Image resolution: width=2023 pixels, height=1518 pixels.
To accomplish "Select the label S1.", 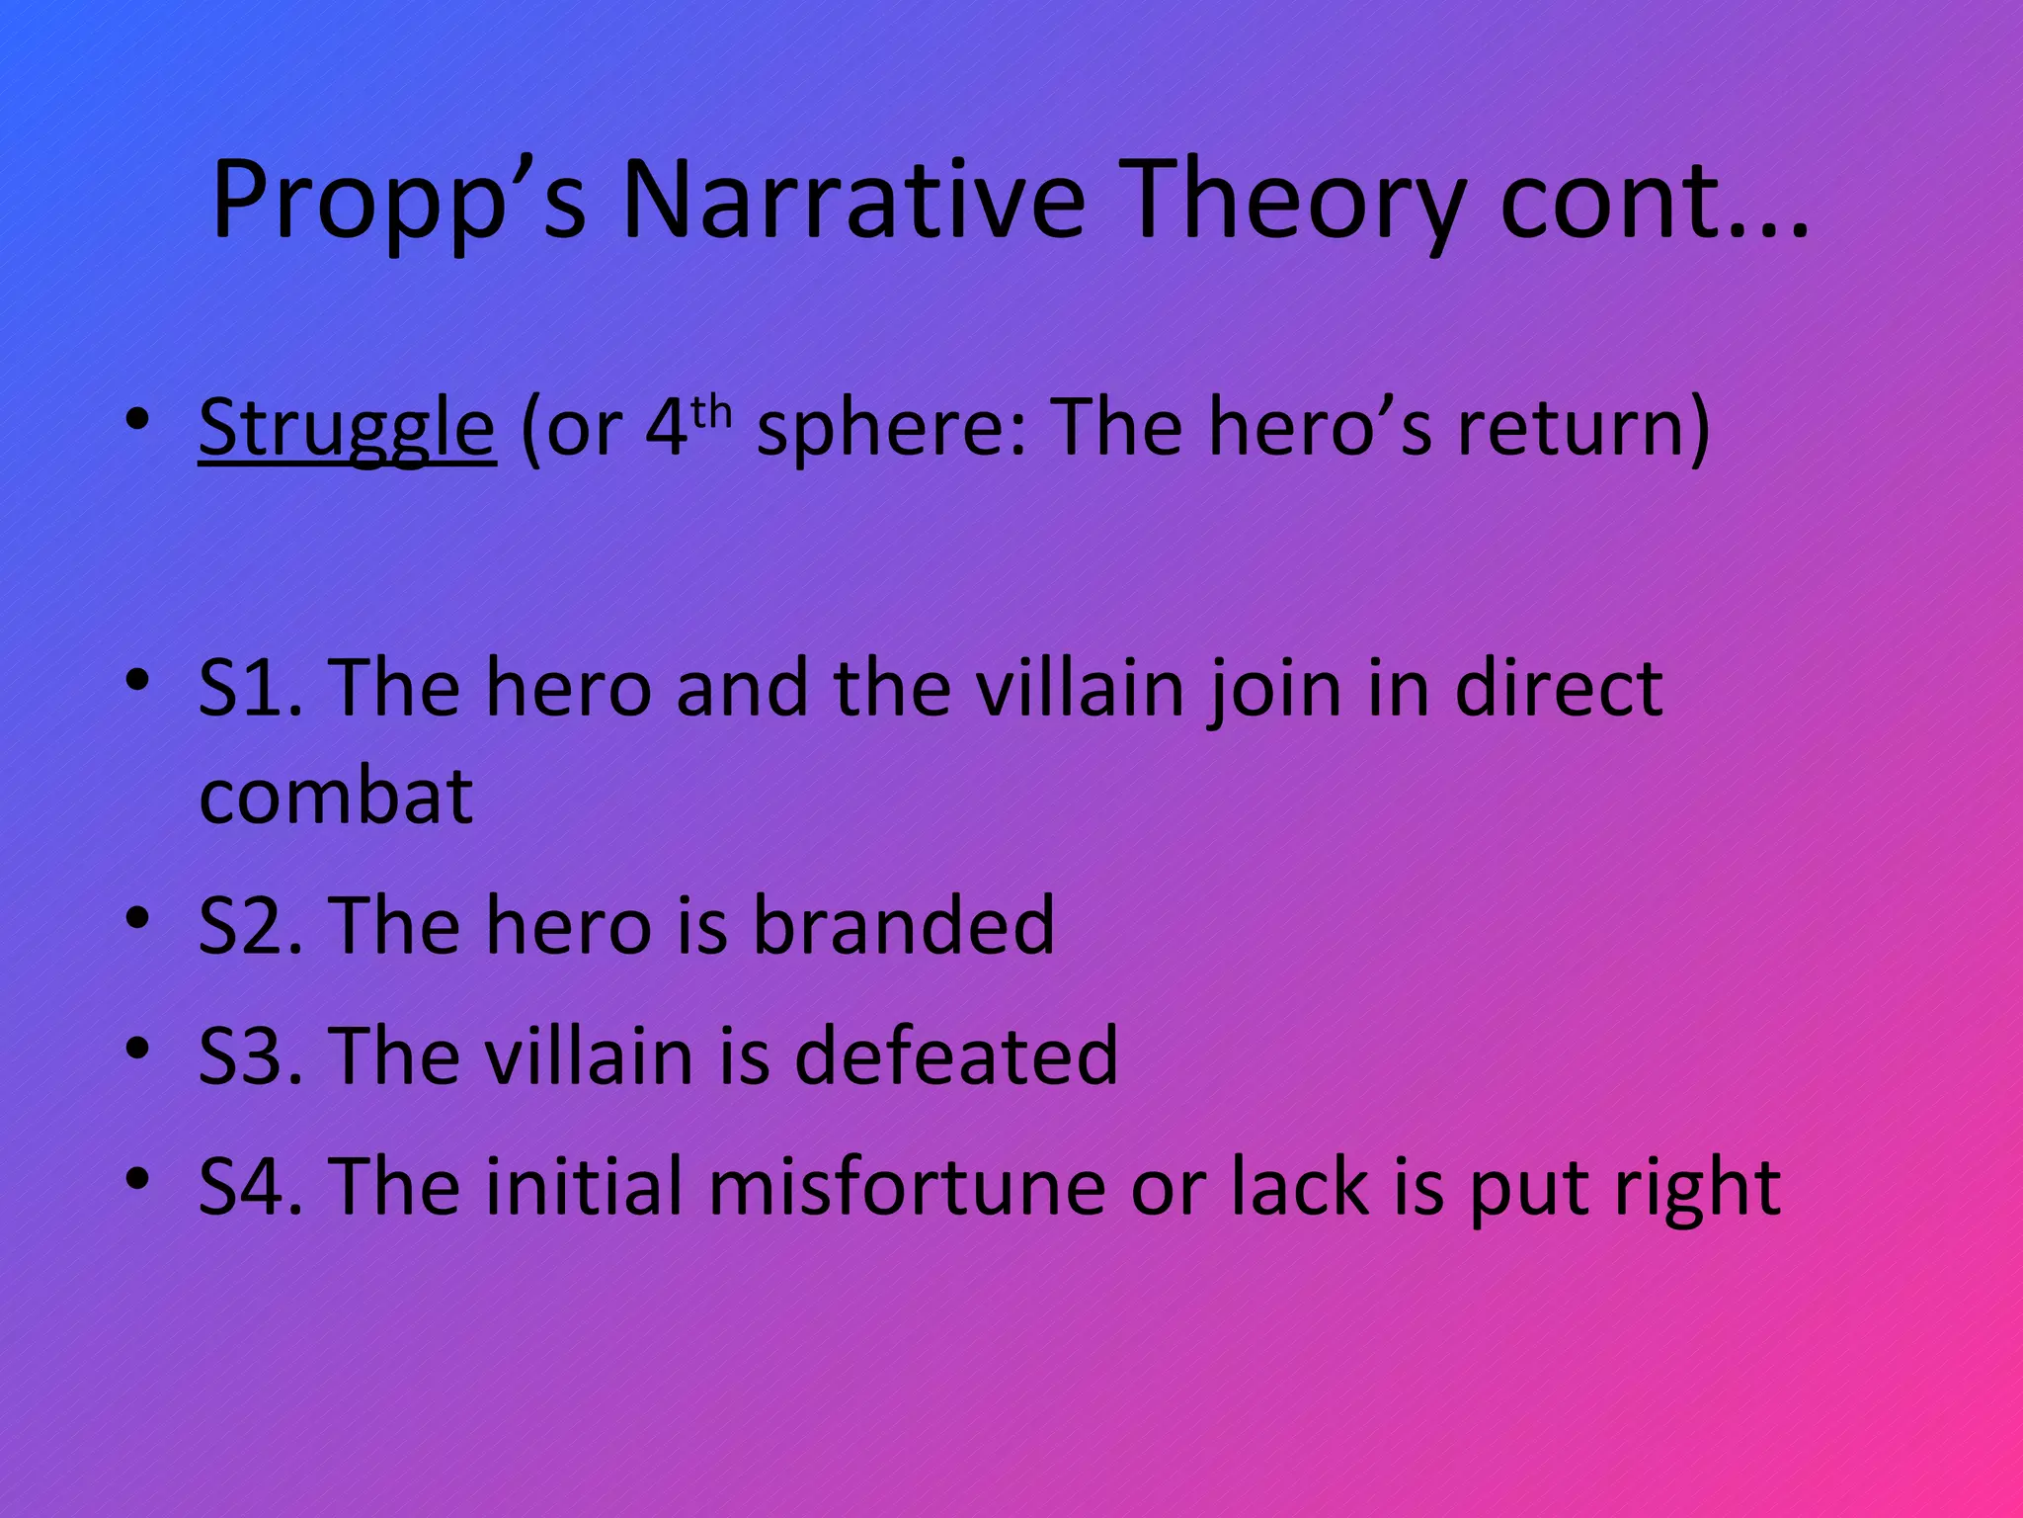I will coord(251,689).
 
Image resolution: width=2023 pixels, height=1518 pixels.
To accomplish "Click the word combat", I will coord(336,797).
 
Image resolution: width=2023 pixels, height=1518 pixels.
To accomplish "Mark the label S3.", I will coord(251,1056).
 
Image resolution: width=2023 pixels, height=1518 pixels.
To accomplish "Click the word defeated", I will coord(956,1056).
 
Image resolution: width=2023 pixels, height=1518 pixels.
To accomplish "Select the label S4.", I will coord(251,1187).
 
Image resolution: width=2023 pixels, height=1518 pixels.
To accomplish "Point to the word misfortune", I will coord(907,1187).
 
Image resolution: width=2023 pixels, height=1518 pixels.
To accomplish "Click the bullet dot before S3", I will coord(137,1048).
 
